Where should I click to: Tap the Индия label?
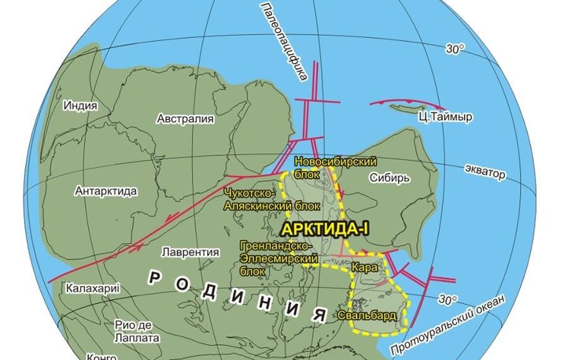pyautogui.click(x=80, y=105)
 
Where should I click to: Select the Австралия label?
pyautogui.click(x=186, y=118)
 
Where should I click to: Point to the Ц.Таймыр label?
pyautogui.click(x=446, y=117)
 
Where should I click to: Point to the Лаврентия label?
pyautogui.click(x=190, y=251)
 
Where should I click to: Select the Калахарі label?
pyautogui.click(x=92, y=289)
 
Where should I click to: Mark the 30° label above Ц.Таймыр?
pyautogui.click(x=454, y=49)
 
